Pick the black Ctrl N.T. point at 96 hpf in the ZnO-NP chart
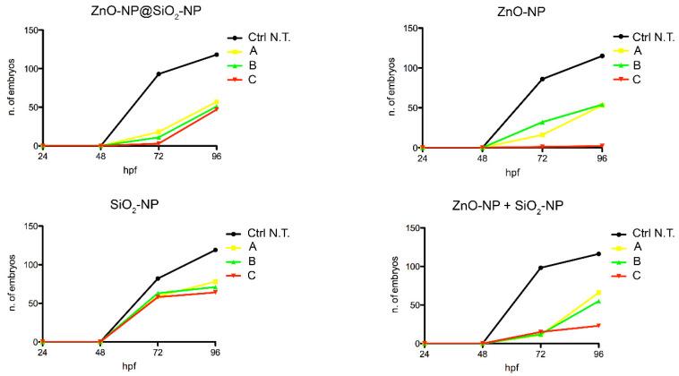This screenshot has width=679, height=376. (600, 56)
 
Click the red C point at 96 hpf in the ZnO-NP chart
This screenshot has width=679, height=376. (600, 145)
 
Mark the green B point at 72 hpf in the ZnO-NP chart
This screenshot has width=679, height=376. (542, 123)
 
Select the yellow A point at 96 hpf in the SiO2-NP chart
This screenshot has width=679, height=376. (216, 281)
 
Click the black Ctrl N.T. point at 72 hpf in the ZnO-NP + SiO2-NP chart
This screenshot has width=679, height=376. (542, 268)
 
